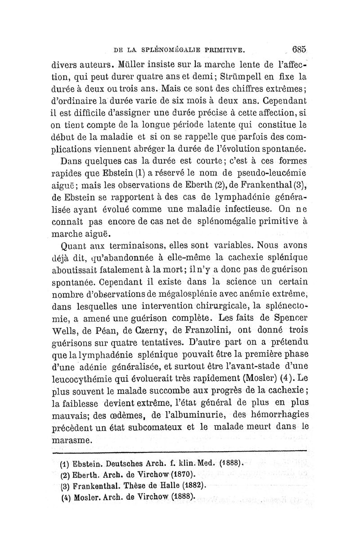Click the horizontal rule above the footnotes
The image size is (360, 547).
pyautogui.click(x=180, y=450)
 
